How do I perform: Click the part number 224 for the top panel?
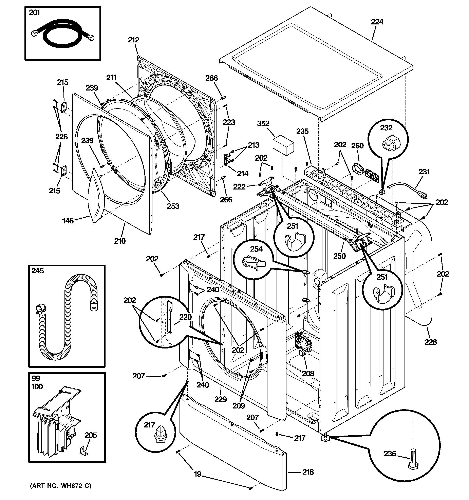point(377,22)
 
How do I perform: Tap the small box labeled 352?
point(283,145)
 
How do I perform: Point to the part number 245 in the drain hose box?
point(38,271)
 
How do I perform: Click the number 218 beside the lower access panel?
point(308,472)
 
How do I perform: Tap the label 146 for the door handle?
point(68,221)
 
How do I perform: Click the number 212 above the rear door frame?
point(133,40)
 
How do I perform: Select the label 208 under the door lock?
point(308,374)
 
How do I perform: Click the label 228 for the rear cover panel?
point(430,342)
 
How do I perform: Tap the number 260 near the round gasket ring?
point(357,146)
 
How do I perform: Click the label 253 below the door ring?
point(173,206)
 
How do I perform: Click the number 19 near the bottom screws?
point(198,474)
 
